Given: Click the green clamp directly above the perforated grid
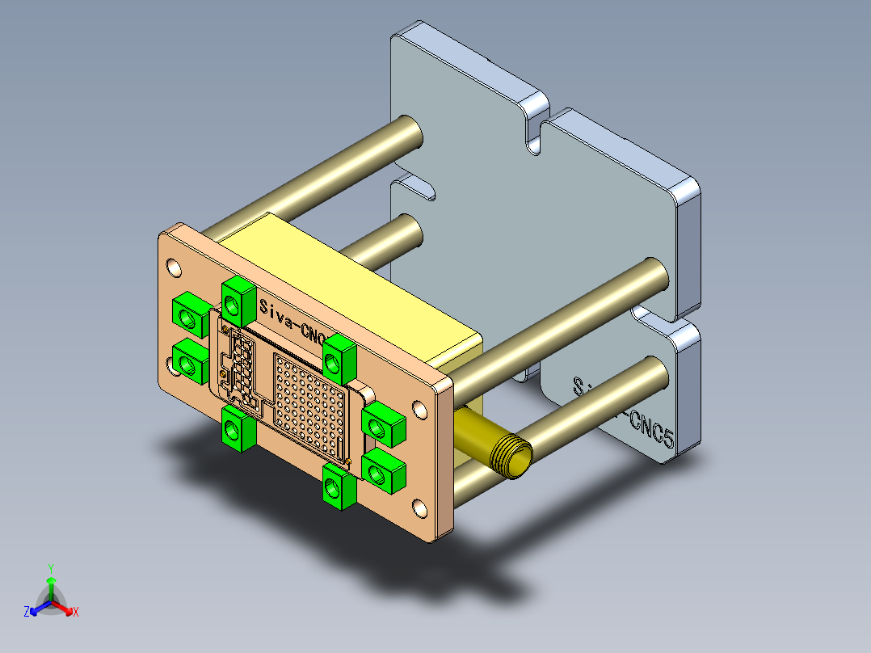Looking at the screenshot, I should (x=339, y=359).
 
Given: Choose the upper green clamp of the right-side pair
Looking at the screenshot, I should (x=382, y=423).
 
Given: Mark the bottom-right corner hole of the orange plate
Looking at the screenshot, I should (x=420, y=508).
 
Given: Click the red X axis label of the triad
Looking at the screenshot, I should (x=76, y=613).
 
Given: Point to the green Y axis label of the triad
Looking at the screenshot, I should (x=50, y=569).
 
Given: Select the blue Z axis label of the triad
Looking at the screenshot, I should (x=27, y=613).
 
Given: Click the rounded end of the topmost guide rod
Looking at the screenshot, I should (x=410, y=133).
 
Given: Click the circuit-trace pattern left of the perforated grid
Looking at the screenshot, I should (x=240, y=364).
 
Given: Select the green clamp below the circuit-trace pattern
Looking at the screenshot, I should (x=238, y=428).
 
